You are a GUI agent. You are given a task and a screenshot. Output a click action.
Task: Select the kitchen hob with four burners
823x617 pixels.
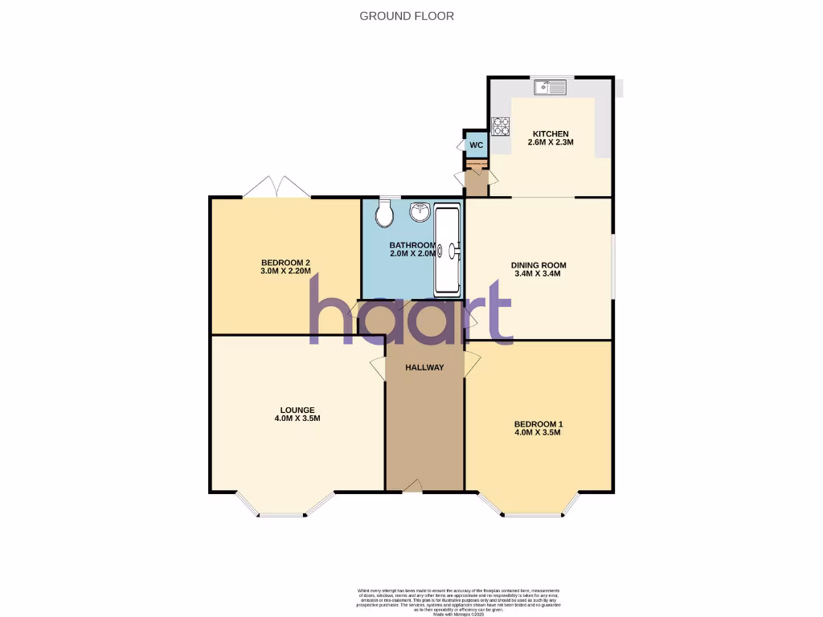point(501,125)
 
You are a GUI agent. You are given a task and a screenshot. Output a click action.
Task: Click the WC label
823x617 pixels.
point(476,145)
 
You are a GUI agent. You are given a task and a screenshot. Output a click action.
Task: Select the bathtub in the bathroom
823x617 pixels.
point(448,249)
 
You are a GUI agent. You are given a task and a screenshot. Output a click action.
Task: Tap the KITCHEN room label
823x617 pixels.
point(549,134)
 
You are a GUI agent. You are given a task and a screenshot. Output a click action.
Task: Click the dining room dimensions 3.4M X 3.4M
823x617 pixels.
point(538,274)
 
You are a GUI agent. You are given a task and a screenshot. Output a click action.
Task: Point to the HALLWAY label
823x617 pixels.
point(424,367)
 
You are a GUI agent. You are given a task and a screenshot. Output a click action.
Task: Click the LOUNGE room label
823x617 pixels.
point(297,410)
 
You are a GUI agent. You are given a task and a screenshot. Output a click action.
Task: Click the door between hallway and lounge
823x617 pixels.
point(378,368)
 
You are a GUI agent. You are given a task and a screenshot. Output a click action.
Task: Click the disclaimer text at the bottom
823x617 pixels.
point(459,600)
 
